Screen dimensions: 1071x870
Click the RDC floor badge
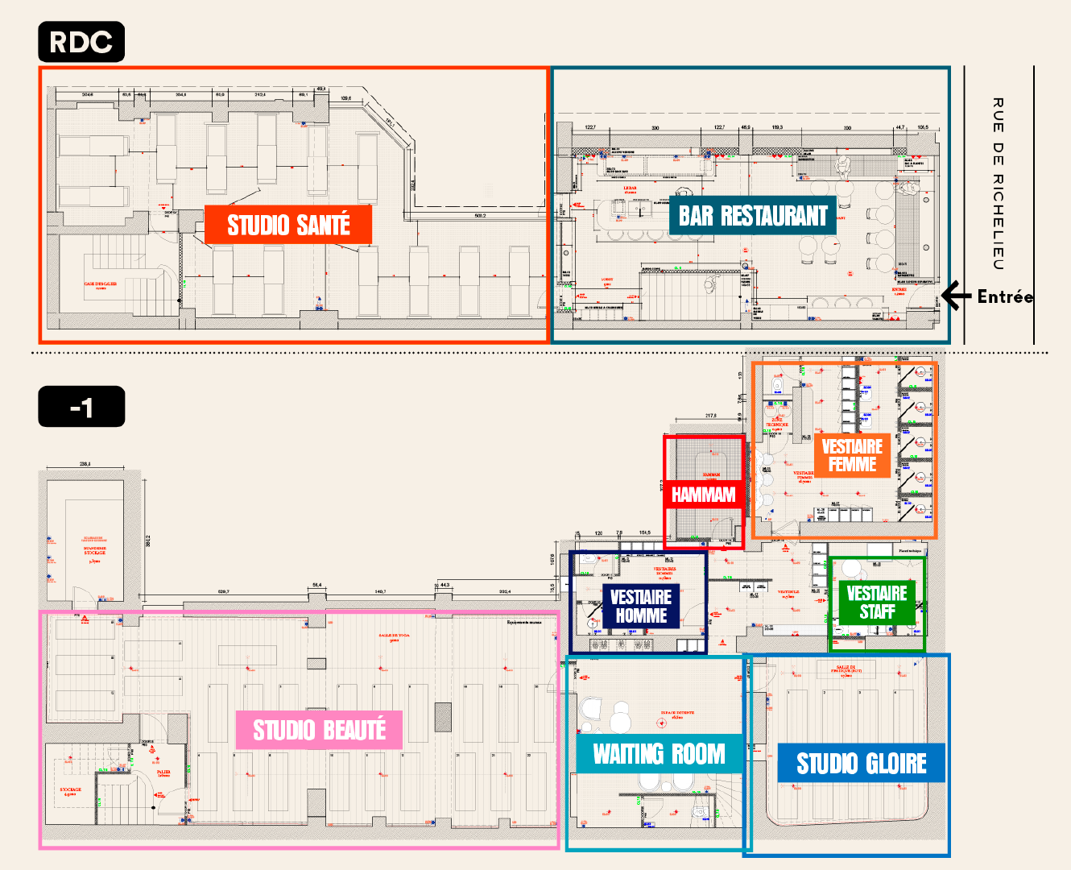click(81, 42)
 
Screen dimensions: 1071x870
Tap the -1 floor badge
click(81, 407)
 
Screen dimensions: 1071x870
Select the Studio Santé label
click(288, 225)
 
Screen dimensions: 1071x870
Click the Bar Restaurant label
click(753, 216)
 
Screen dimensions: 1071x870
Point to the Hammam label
click(704, 495)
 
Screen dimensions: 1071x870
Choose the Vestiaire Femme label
click(852, 455)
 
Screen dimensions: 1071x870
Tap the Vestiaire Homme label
click(641, 606)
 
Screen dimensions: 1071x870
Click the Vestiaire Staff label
click(877, 603)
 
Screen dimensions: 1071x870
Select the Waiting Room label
click(660, 754)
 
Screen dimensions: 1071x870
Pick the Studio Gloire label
click(862, 763)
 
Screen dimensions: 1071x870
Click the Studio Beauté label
click(320, 730)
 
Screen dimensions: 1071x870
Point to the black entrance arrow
click(956, 296)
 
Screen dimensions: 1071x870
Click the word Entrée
click(1005, 296)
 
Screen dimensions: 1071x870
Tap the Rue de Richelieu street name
click(999, 184)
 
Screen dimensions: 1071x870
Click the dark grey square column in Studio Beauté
click(443, 717)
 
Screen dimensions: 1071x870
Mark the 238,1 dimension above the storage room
click(85, 464)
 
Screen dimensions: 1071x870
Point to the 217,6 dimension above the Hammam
click(710, 416)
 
